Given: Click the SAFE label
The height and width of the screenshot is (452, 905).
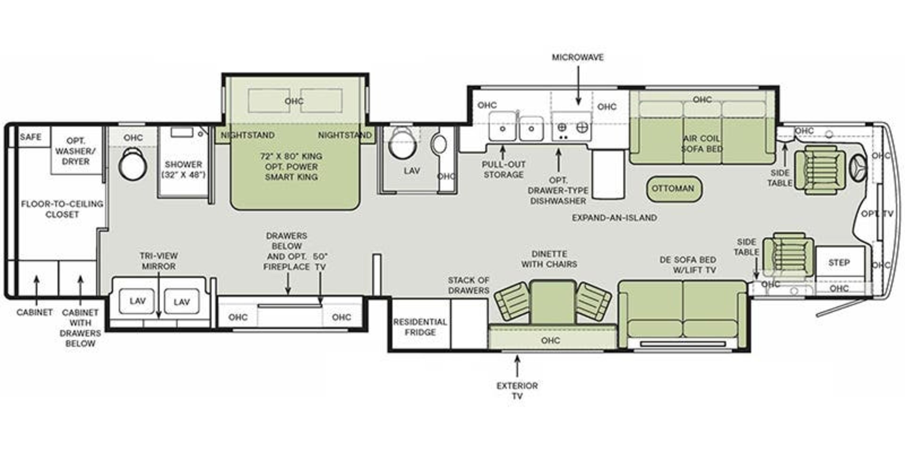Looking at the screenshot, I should pos(31,137).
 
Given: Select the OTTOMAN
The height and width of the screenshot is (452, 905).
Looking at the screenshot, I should pos(673,189).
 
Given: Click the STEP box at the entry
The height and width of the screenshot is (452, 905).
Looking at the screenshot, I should pos(839,262).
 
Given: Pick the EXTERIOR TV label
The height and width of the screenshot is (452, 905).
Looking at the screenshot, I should pos(517,391).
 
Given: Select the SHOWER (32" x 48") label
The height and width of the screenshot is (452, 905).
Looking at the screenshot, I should pos(183,169).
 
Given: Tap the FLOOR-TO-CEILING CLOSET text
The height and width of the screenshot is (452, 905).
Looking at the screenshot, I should pos(62,209).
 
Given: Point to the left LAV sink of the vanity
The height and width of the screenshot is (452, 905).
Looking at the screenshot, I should pos(137,301).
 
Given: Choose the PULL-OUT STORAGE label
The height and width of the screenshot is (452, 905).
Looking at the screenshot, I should pos(503,169).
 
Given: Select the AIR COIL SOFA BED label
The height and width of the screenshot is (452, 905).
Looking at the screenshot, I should pos(702,144).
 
